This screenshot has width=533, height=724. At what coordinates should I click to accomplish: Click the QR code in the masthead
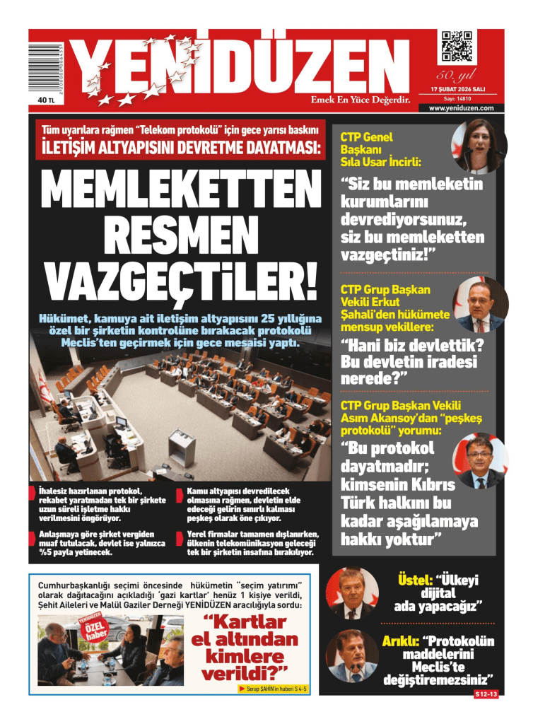(456, 47)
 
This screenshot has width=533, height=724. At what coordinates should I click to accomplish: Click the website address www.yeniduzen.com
(461, 108)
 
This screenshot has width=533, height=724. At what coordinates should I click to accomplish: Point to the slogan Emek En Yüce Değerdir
(361, 100)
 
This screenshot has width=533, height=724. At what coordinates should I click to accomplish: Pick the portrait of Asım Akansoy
(480, 461)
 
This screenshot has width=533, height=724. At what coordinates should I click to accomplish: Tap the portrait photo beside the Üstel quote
(351, 592)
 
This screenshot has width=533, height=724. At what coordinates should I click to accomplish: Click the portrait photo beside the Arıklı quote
(351, 655)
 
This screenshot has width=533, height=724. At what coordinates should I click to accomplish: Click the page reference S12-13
(486, 695)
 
